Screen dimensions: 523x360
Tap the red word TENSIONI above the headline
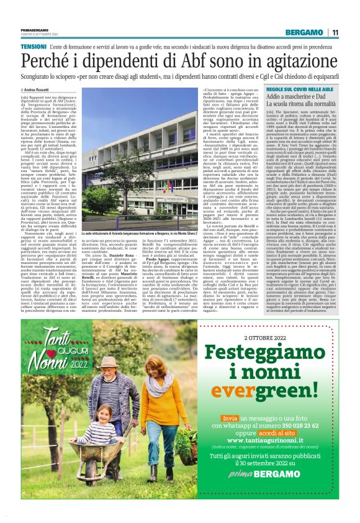tap(33, 47)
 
